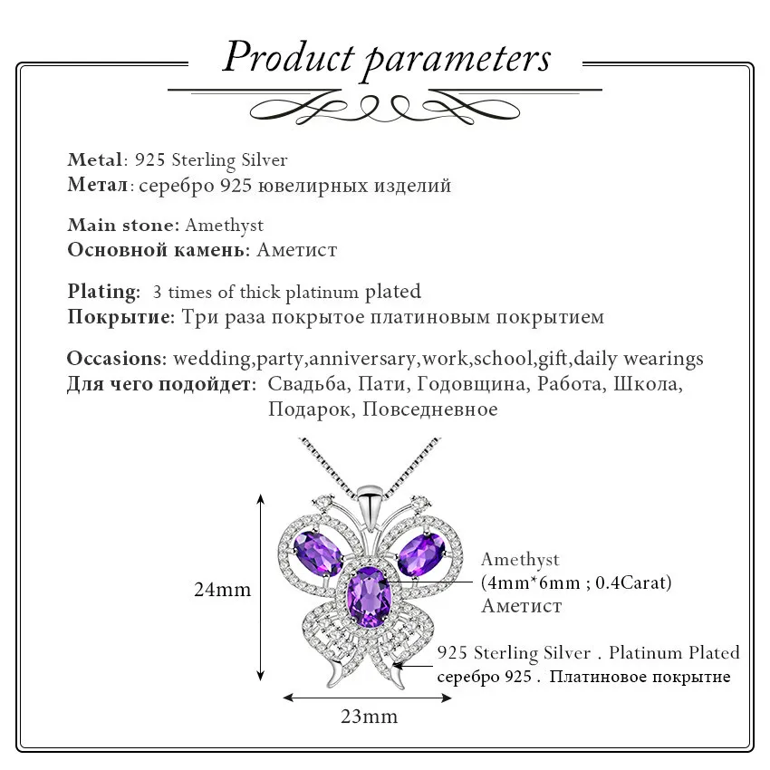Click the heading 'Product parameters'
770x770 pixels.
pyautogui.click(x=386, y=57)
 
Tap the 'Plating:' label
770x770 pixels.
pyautogui.click(x=103, y=292)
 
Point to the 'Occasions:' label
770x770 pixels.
pyautogui.click(x=116, y=359)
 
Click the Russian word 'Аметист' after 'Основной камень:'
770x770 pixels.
pyautogui.click(x=296, y=250)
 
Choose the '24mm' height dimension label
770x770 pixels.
pyautogui.click(x=222, y=589)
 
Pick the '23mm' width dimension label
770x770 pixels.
pyautogui.click(x=369, y=717)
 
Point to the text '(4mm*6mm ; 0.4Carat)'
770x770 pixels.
pyautogui.click(x=576, y=582)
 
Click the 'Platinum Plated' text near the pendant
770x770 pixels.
pyautogui.click(x=674, y=652)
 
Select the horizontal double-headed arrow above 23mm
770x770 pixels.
pyautogui.click(x=368, y=697)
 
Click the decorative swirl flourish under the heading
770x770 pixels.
pyautogui.click(x=385, y=107)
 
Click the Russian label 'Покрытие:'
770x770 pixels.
pyautogui.click(x=120, y=317)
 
